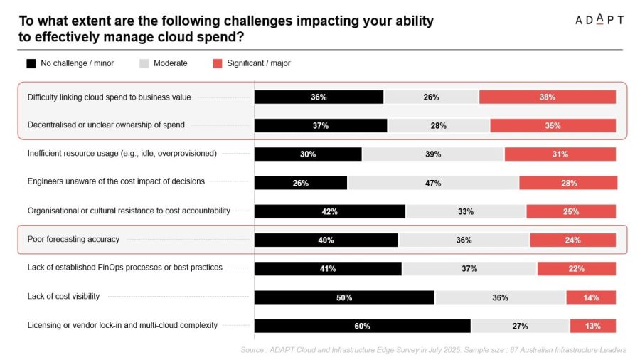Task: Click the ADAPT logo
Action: pos(599,19)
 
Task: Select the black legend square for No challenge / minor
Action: pos(31,63)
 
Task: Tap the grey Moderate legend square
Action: pos(144,63)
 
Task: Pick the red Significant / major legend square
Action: pos(218,63)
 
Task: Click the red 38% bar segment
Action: pos(548,97)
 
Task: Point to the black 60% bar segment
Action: pos(363,326)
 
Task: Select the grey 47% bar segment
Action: pos(433,183)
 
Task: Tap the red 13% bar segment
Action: pos(593,326)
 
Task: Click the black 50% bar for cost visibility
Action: pos(344,297)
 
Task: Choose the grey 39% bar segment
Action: pos(433,154)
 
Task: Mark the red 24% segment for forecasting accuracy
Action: pos(573,240)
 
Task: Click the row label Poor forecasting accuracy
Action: pos(73,239)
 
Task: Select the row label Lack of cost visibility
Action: pos(64,297)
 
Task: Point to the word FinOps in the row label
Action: pos(110,268)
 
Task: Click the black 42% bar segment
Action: pos(330,211)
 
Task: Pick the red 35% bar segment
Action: pos(553,126)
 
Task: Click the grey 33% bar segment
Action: pos(466,211)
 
